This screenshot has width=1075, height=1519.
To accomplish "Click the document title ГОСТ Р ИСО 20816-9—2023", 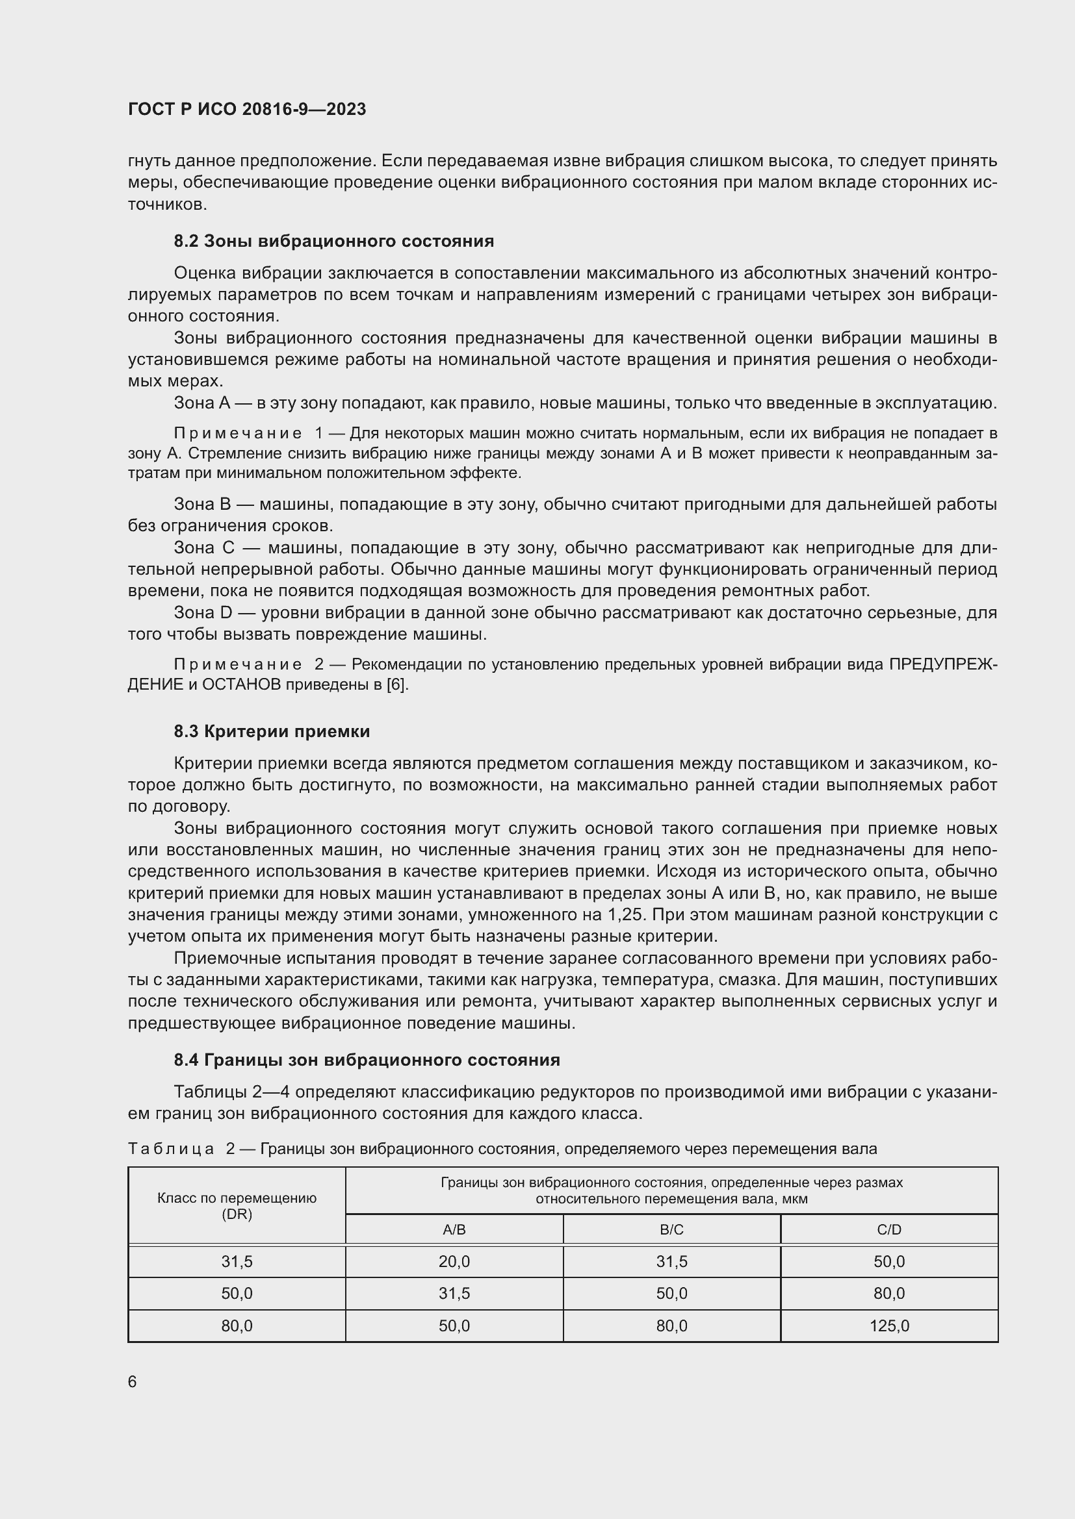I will pos(247,109).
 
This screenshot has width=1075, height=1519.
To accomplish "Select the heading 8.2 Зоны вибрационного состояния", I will pos(333,241).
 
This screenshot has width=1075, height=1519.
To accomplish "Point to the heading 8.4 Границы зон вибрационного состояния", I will pos(367,1060).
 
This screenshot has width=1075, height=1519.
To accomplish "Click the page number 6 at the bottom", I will pos(133,1381).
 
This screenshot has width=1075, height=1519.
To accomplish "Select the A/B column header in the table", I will pos(454,1229).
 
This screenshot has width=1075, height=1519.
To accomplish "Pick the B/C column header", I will pos(671,1229).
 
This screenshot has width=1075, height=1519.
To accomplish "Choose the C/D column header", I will pos(889,1229).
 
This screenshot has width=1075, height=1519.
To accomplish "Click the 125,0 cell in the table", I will pos(889,1326).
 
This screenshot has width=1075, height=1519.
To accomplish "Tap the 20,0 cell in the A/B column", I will pos(454,1262).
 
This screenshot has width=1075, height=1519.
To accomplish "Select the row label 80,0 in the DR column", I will pos(237,1326).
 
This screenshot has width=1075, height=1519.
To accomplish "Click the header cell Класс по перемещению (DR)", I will pos(237,1205).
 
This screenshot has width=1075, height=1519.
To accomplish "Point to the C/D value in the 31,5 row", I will pos(889,1262).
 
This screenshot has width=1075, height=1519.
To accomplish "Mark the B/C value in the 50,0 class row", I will pos(671,1294).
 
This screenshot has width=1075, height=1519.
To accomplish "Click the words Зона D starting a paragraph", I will pos(203,612).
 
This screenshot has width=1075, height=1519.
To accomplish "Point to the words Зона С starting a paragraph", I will pos(203,548).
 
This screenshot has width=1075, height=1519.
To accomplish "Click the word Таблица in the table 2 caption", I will pos(172,1149).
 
